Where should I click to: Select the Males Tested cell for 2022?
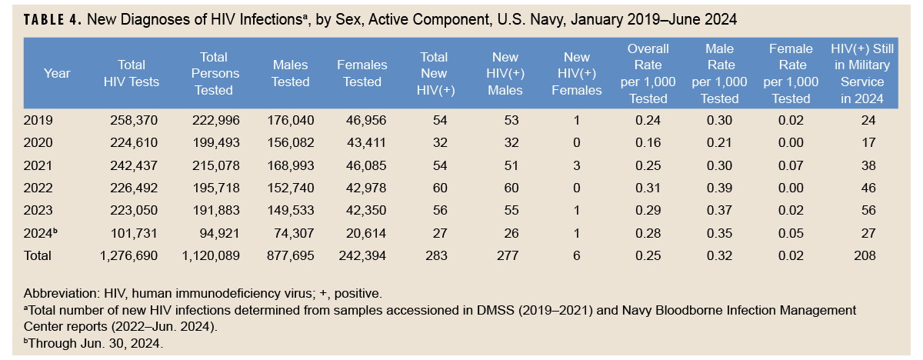291,188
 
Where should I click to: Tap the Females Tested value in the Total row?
362,255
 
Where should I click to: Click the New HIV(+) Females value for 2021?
577,165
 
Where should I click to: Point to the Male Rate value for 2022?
719,188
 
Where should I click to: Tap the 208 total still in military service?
864,255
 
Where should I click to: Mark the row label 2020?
38,143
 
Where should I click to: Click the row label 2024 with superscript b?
40,233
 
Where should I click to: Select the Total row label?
39,255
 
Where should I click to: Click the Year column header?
57,74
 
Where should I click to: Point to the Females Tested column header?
362,74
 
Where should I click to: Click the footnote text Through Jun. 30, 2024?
95,343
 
